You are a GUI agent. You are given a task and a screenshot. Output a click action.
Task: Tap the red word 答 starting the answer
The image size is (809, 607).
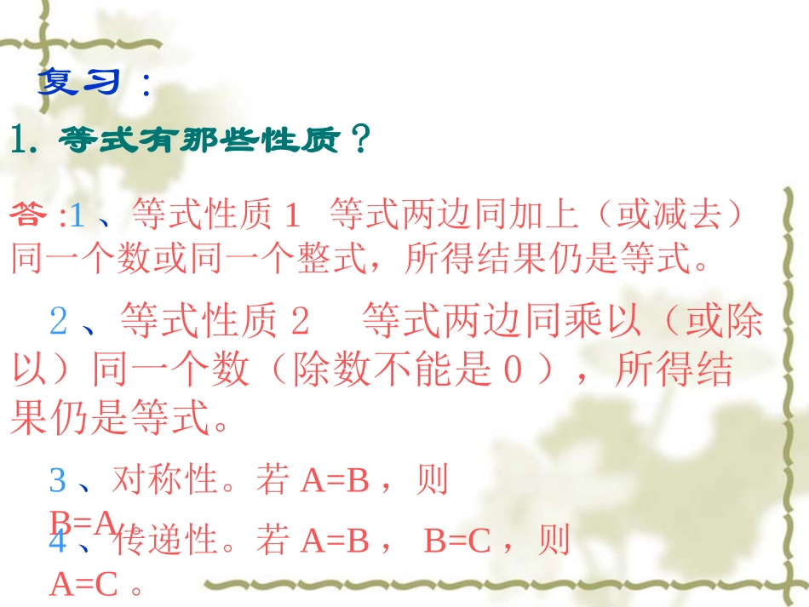point(32,215)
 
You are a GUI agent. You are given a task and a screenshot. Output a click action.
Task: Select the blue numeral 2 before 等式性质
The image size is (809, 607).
point(58,321)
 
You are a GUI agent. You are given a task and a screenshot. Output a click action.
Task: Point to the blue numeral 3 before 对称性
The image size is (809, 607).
point(57,481)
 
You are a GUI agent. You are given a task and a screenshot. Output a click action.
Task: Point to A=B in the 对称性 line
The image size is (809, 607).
point(334,482)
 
